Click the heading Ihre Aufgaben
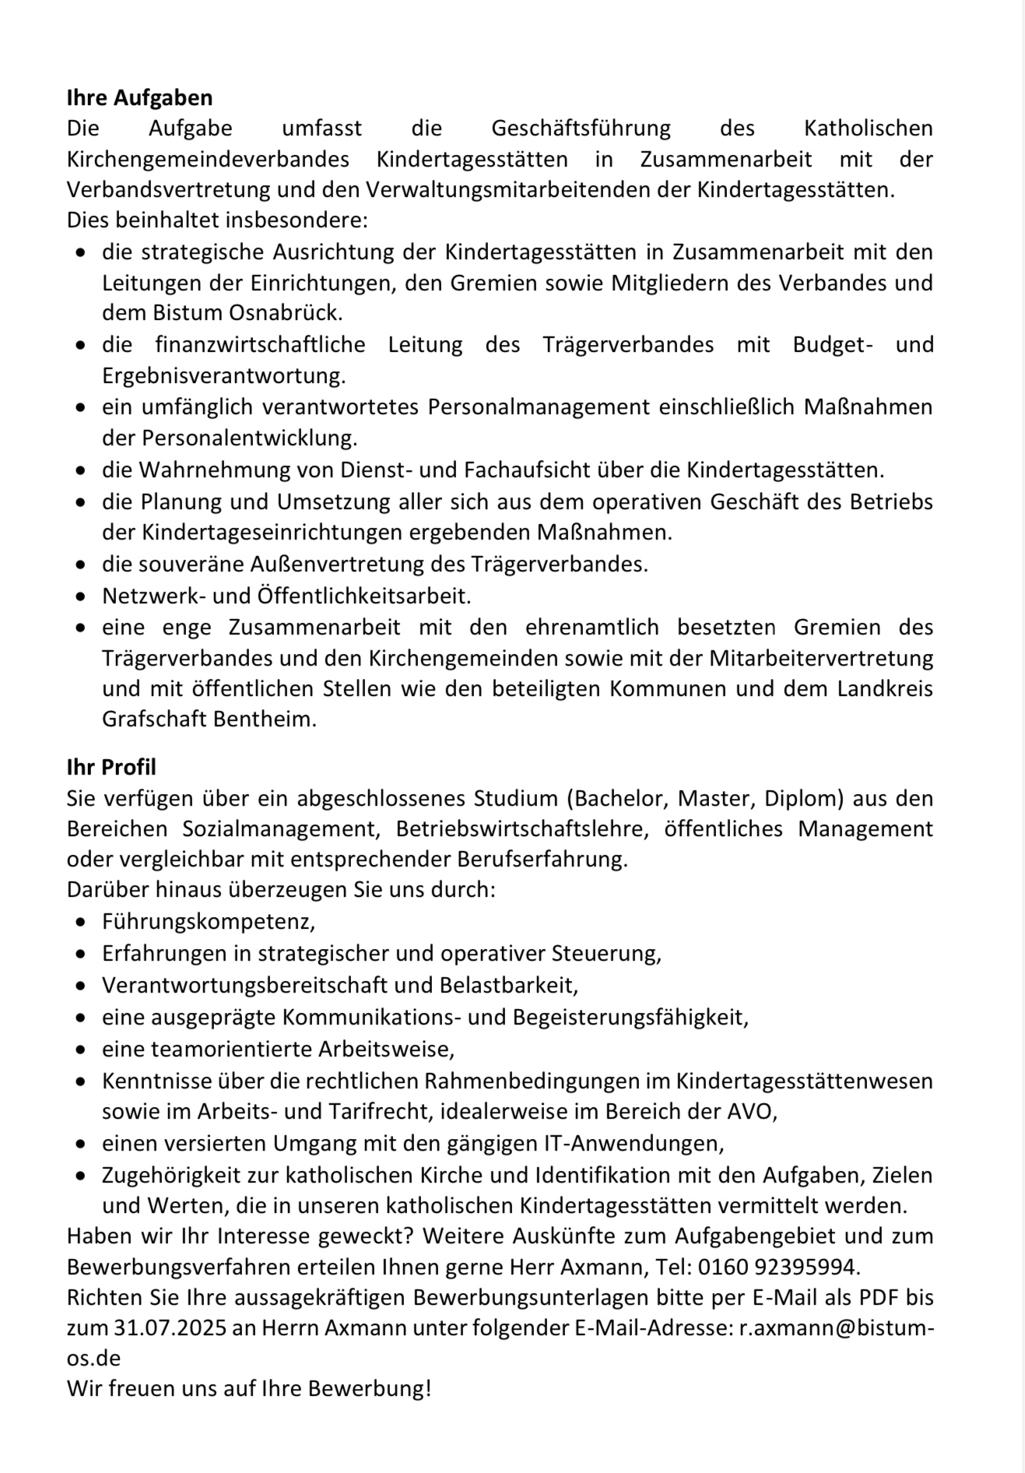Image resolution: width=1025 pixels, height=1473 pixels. (139, 97)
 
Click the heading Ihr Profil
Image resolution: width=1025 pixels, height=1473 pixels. (111, 767)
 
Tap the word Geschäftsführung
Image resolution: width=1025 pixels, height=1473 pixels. (581, 128)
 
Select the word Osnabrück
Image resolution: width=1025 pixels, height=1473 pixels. (286, 313)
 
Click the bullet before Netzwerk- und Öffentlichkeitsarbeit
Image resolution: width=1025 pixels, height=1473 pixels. (81, 597)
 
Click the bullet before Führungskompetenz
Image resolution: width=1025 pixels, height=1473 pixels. (81, 923)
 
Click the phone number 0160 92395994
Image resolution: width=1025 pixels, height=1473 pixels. (778, 1267)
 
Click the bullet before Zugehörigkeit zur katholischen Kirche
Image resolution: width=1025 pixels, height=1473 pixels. (81, 1176)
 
